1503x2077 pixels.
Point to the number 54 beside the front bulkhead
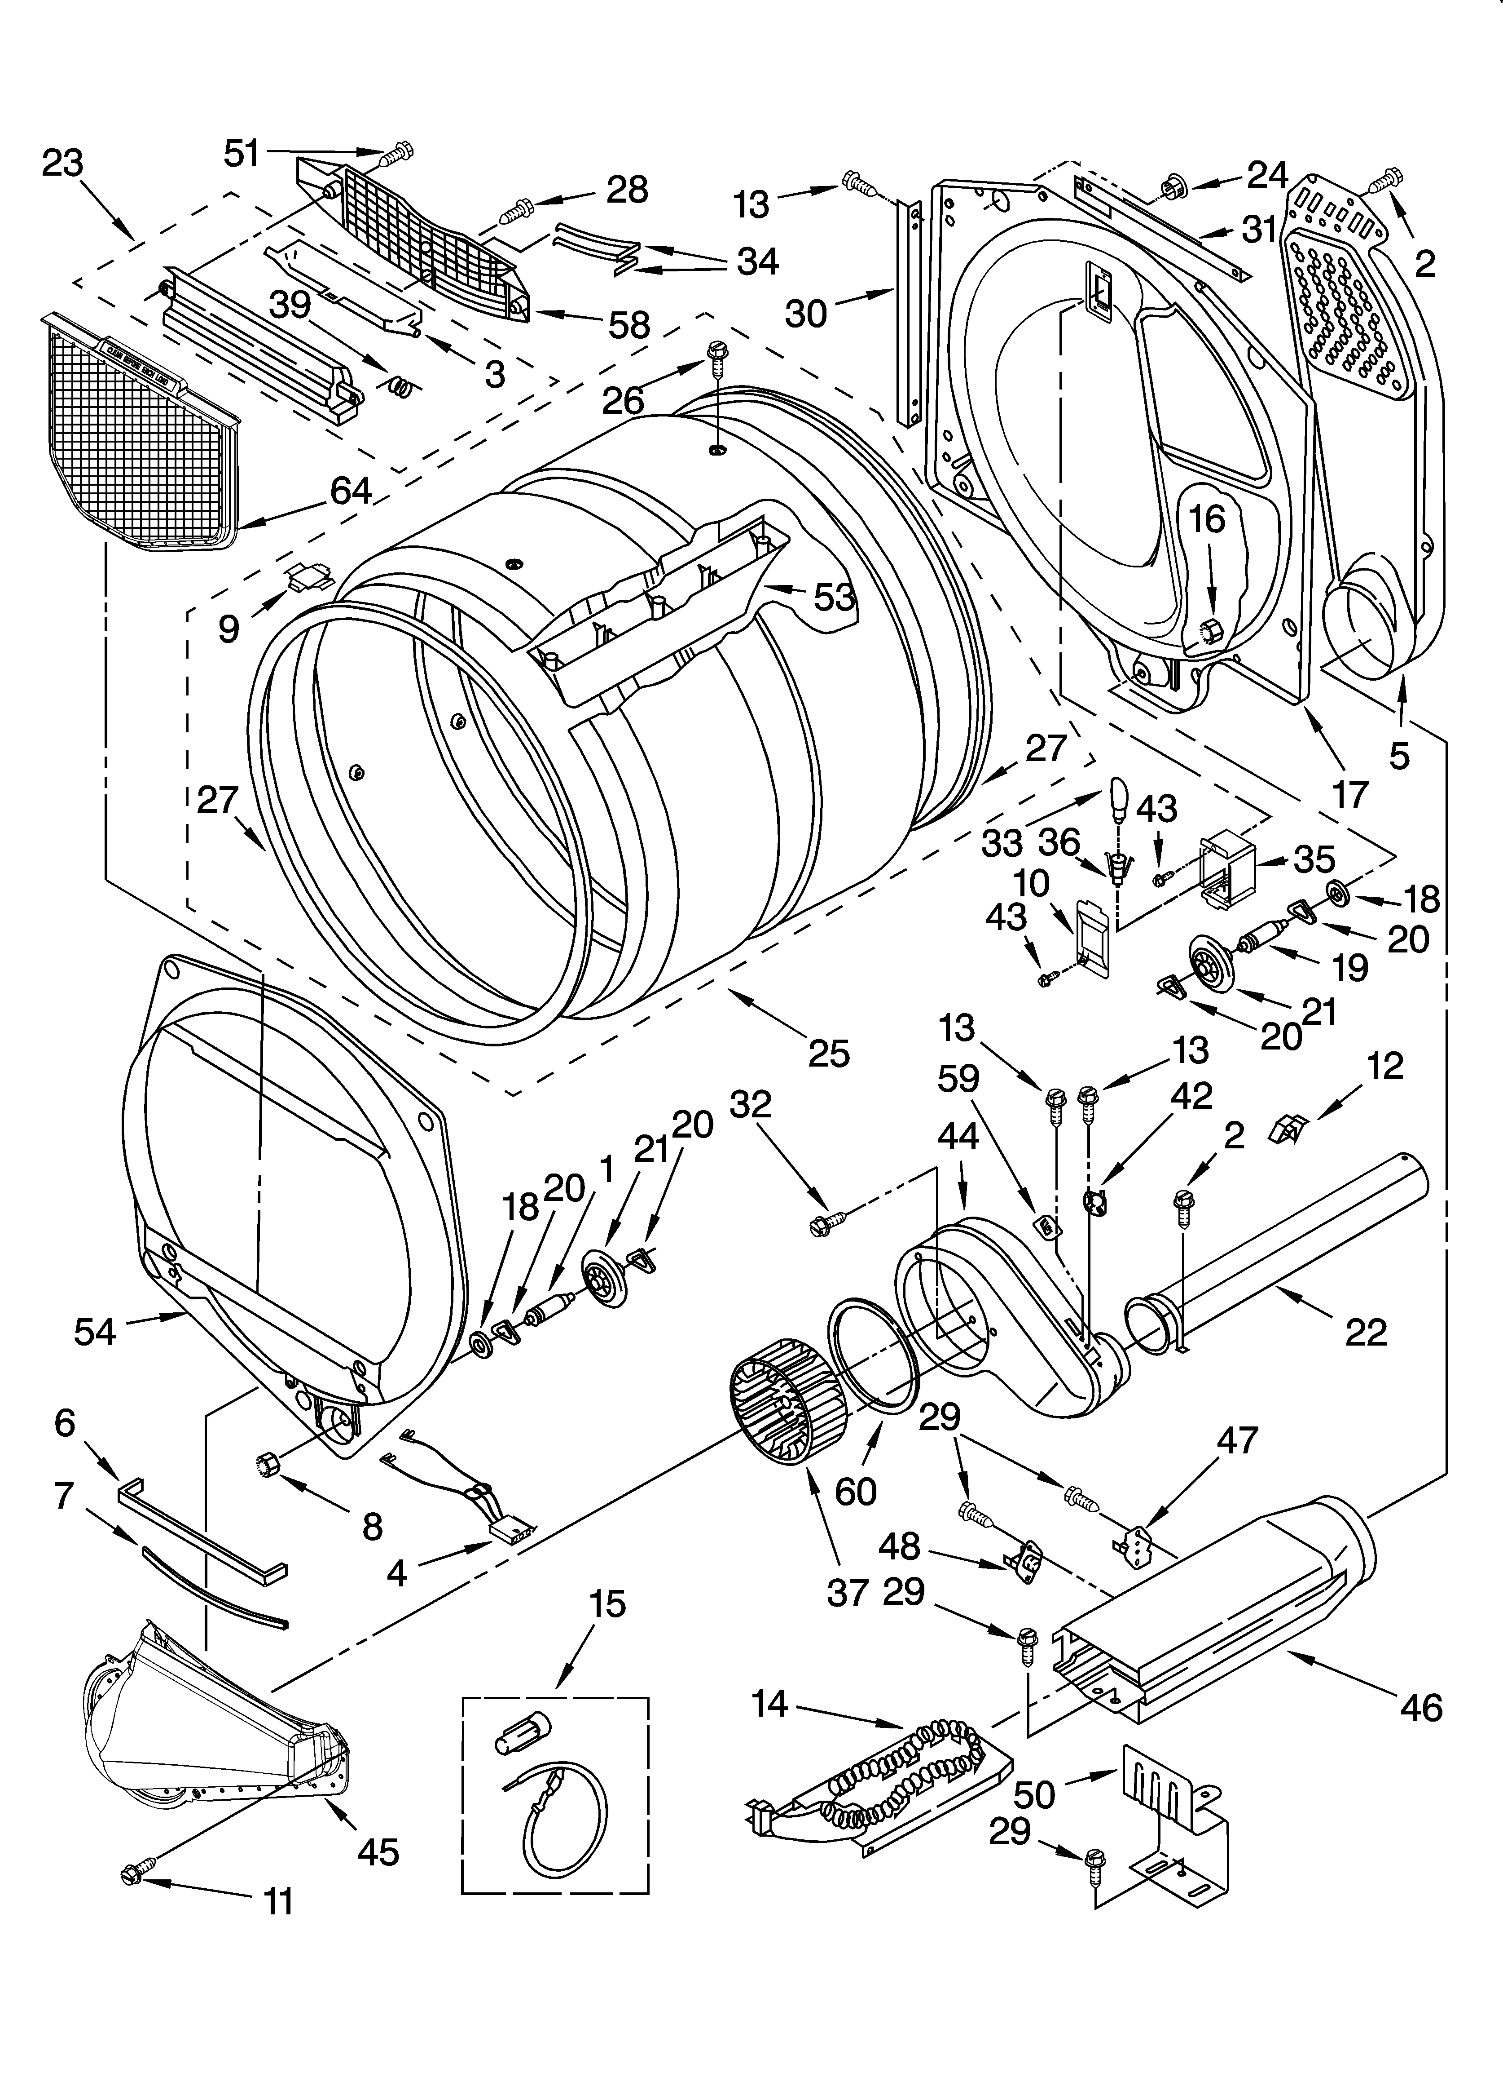click(x=95, y=1332)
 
